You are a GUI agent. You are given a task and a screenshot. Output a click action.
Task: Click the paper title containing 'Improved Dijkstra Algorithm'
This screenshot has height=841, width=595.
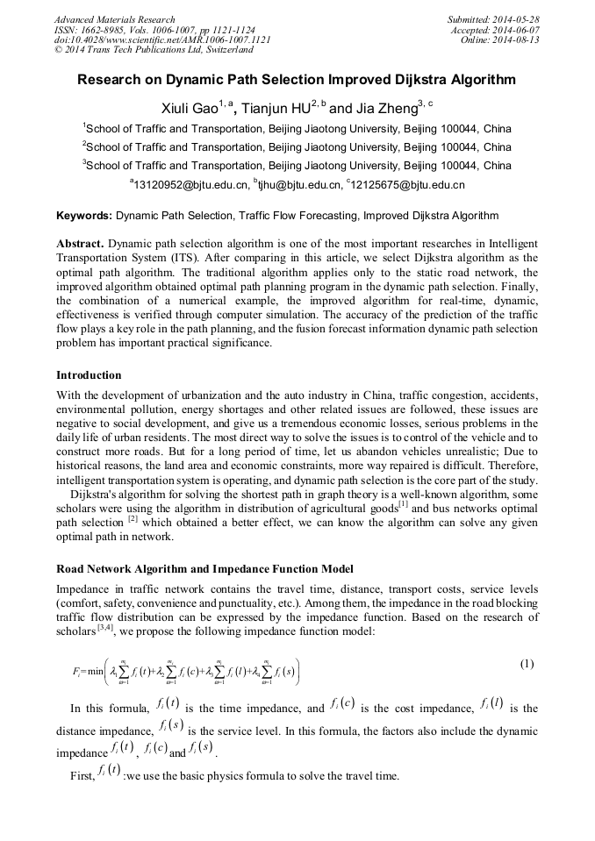pos(297,80)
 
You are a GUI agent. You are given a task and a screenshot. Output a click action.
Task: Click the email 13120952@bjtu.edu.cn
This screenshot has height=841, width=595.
pos(190,185)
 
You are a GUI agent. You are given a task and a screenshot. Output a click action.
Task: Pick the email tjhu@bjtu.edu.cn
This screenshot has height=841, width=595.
pos(299,185)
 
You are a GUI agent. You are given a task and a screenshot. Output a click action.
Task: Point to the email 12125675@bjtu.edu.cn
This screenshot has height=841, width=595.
pos(408,185)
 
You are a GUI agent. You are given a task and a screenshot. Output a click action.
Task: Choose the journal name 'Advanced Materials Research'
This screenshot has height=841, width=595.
pos(114,19)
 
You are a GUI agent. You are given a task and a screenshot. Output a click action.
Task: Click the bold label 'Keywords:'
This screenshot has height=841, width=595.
pos(84,215)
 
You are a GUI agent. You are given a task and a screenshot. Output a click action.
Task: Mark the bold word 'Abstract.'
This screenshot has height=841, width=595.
pos(81,242)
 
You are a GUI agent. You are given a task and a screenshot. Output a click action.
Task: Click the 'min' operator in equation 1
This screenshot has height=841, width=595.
pos(94,672)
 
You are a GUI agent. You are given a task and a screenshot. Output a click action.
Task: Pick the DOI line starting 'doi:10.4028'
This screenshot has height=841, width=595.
pos(162,40)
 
